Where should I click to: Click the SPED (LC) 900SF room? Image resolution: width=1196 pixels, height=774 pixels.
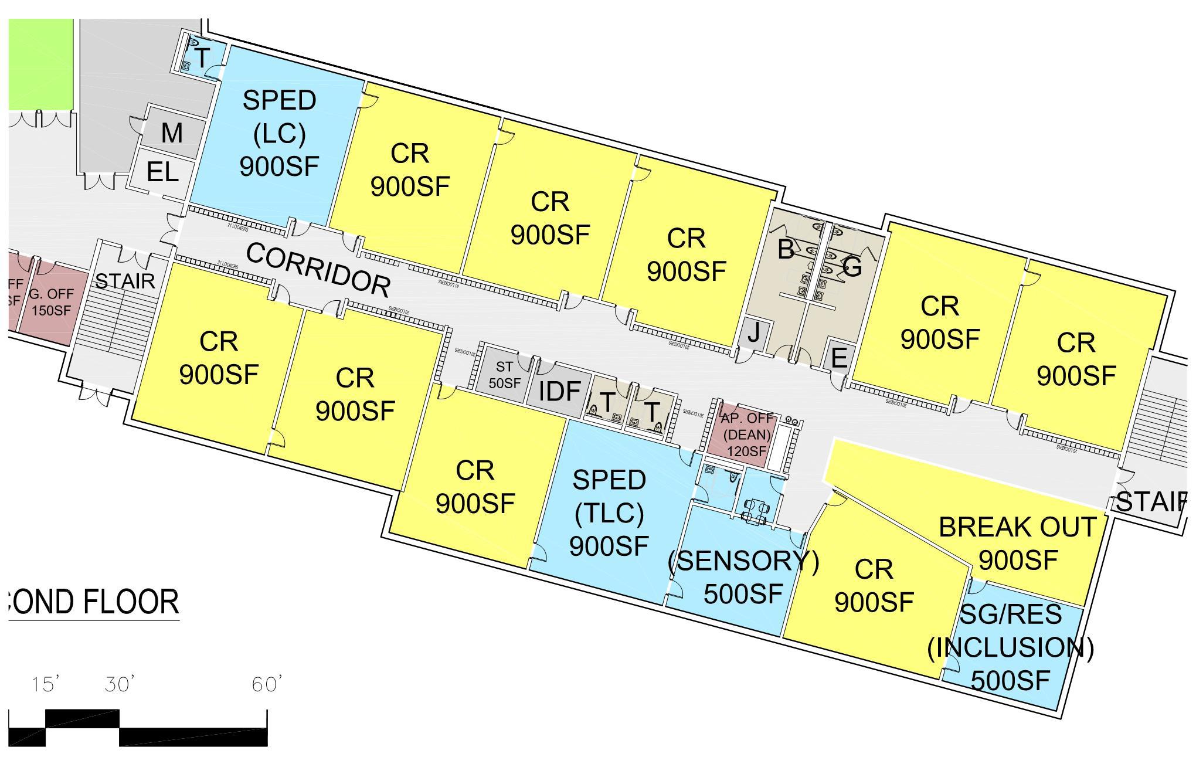tap(278, 134)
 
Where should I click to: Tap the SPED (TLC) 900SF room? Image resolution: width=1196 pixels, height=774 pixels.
tap(609, 512)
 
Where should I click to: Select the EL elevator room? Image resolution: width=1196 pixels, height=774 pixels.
tap(162, 172)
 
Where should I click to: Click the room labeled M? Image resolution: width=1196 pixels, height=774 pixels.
tap(172, 133)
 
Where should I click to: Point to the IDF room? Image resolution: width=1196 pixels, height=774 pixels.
tap(559, 391)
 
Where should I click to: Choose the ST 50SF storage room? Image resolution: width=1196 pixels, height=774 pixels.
tap(504, 375)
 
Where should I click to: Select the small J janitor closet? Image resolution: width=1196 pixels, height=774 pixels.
tap(754, 332)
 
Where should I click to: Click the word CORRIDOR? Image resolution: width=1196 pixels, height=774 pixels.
tap(318, 270)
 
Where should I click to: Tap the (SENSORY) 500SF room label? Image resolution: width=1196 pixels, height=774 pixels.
tap(743, 578)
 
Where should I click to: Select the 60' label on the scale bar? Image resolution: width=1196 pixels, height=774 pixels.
tap(267, 684)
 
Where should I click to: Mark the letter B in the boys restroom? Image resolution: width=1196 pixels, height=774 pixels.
tap(786, 250)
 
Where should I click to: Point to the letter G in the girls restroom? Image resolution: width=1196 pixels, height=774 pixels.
tap(852, 267)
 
